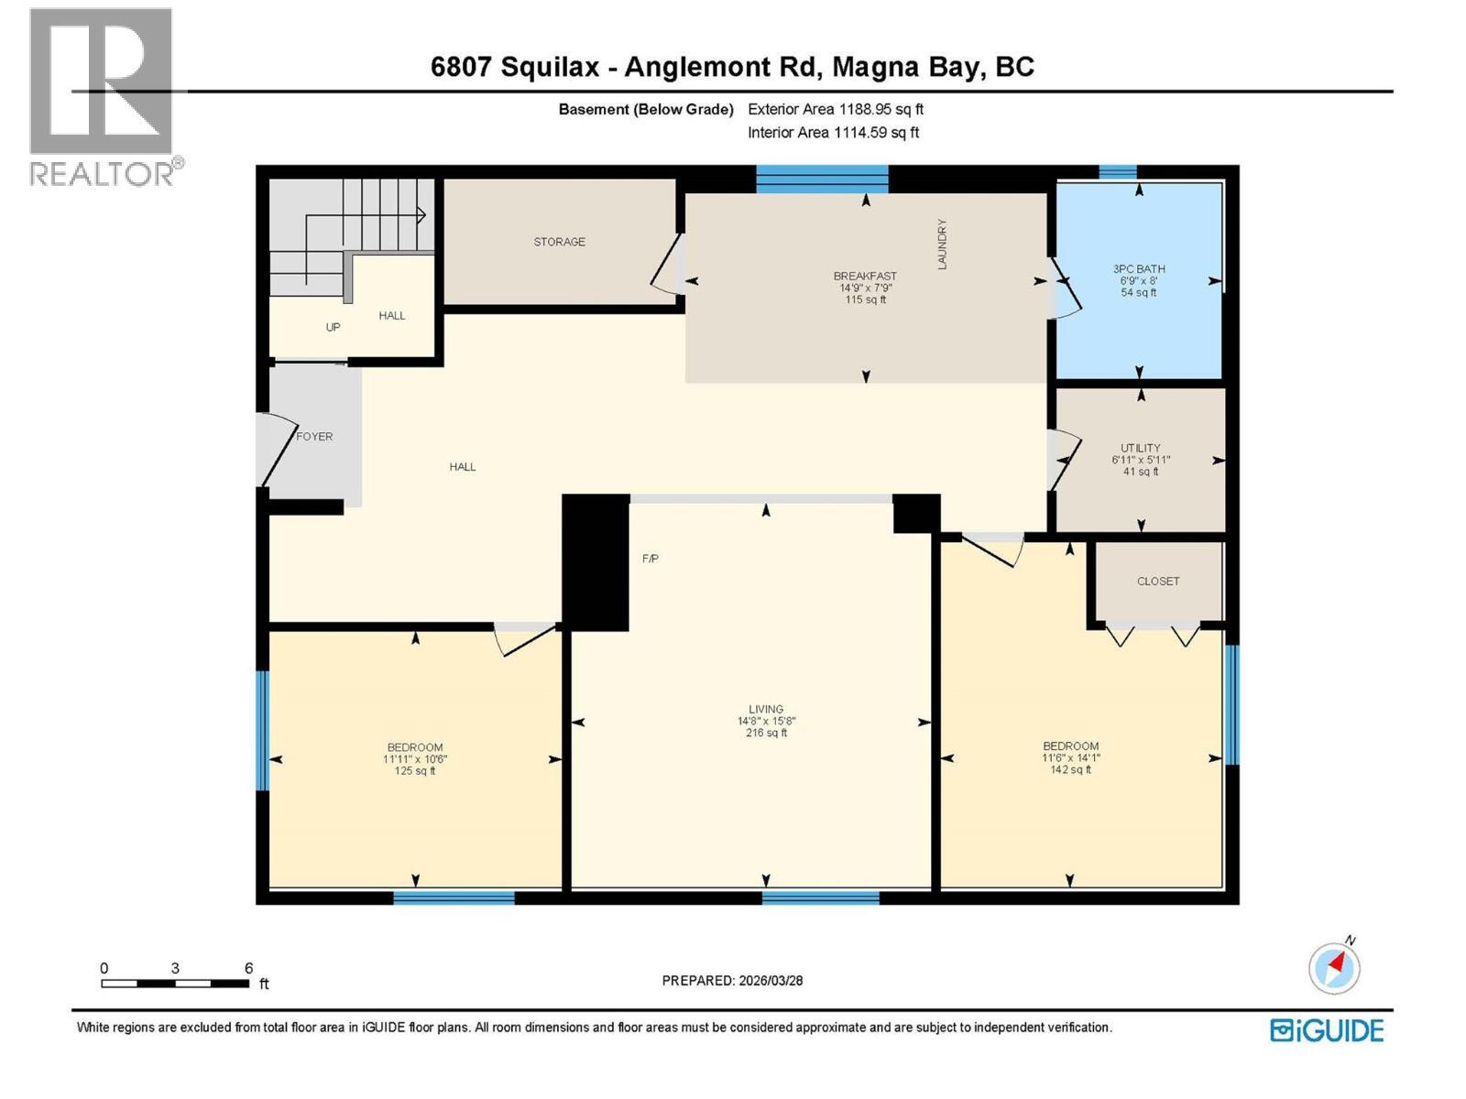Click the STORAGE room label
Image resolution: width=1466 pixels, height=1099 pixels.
(559, 242)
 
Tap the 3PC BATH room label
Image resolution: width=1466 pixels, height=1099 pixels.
(1139, 269)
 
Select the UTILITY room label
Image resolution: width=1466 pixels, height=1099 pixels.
(1140, 448)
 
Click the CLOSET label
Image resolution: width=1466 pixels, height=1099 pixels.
(1158, 582)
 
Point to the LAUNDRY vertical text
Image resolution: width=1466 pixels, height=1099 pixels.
(941, 244)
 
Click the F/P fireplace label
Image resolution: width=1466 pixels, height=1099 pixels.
(650, 559)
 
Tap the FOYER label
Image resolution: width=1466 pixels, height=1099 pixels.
(314, 437)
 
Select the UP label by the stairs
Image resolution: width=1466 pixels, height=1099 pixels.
(333, 327)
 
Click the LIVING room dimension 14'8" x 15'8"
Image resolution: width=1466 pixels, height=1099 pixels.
(766, 721)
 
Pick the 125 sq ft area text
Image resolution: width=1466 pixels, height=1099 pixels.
(415, 771)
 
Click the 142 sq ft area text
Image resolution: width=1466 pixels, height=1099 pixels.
(1070, 770)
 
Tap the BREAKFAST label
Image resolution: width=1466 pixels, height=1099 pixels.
(864, 276)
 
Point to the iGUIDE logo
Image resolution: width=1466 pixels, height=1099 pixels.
(1327, 1030)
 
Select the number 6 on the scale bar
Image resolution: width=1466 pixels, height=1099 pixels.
(248, 968)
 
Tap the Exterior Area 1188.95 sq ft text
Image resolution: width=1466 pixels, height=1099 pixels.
(835, 109)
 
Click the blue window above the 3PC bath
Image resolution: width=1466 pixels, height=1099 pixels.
(1117, 172)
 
